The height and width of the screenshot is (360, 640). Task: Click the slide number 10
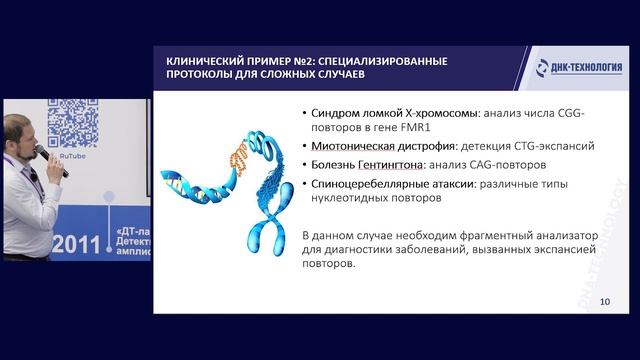[604, 301]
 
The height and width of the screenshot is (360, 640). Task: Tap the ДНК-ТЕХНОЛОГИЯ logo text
[586, 68]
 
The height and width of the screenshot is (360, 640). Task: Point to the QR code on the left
[72, 125]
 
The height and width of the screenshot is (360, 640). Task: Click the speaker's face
[21, 135]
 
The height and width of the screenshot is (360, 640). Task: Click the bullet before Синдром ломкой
[304, 111]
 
